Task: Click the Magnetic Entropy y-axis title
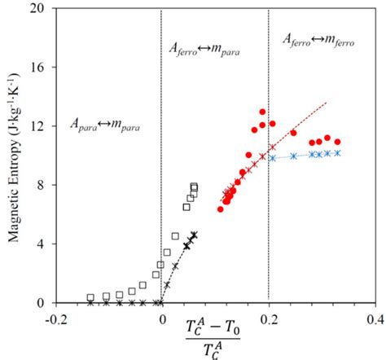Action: click(x=14, y=155)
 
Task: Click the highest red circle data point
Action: click(x=262, y=112)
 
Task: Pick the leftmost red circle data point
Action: click(x=221, y=209)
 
